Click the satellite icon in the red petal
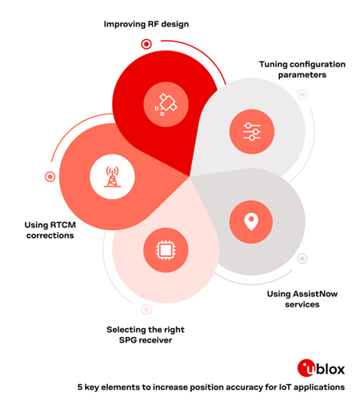click(x=166, y=104)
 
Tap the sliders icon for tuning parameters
click(x=252, y=131)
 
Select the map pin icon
click(x=251, y=222)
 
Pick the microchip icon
click(x=166, y=250)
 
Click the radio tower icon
click(x=112, y=177)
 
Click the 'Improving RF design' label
click(x=146, y=24)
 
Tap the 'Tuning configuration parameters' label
click(x=302, y=70)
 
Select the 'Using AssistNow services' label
click(x=302, y=299)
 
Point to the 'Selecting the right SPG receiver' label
click(x=146, y=335)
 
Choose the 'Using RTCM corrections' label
click(x=50, y=230)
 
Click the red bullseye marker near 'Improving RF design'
click(x=146, y=44)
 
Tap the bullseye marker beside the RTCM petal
click(x=50, y=177)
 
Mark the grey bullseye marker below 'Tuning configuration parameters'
click(x=302, y=94)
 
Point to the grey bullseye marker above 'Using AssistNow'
click(x=302, y=259)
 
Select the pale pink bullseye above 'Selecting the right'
click(x=146, y=309)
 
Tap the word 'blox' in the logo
click(x=330, y=369)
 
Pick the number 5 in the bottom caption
click(x=80, y=387)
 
